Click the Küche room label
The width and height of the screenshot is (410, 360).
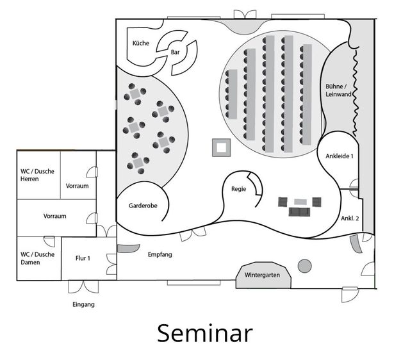[140, 43]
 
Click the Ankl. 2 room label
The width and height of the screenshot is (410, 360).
[350, 218]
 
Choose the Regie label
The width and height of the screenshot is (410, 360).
[239, 189]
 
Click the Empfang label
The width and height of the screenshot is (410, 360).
[160, 254]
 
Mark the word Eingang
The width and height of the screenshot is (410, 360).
[83, 304]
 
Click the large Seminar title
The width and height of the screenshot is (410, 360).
[204, 334]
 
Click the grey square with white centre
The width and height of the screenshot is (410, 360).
[221, 147]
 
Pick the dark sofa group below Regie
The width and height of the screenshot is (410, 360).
[298, 206]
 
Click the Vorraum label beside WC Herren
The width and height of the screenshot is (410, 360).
[77, 186]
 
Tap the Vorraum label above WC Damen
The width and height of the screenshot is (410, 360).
[55, 217]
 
